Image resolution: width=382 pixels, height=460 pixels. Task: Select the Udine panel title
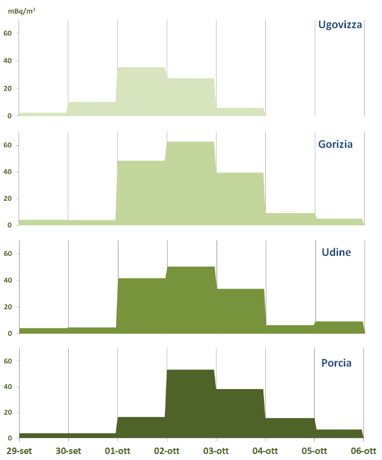337,252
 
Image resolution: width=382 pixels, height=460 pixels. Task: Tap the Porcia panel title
336,363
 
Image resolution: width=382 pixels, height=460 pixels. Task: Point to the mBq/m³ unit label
22,10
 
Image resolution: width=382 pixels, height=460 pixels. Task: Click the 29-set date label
19,451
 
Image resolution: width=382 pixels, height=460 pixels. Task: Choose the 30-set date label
68,451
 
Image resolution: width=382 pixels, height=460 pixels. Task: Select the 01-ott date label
117,451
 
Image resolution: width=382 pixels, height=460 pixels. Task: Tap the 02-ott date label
166,451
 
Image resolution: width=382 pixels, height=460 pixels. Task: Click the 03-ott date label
216,451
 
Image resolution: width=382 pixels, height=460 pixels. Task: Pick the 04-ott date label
265,451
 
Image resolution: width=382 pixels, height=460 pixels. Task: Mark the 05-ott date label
315,451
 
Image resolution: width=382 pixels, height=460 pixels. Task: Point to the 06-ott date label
363,451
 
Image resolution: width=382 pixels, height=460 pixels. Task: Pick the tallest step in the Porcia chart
190,404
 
